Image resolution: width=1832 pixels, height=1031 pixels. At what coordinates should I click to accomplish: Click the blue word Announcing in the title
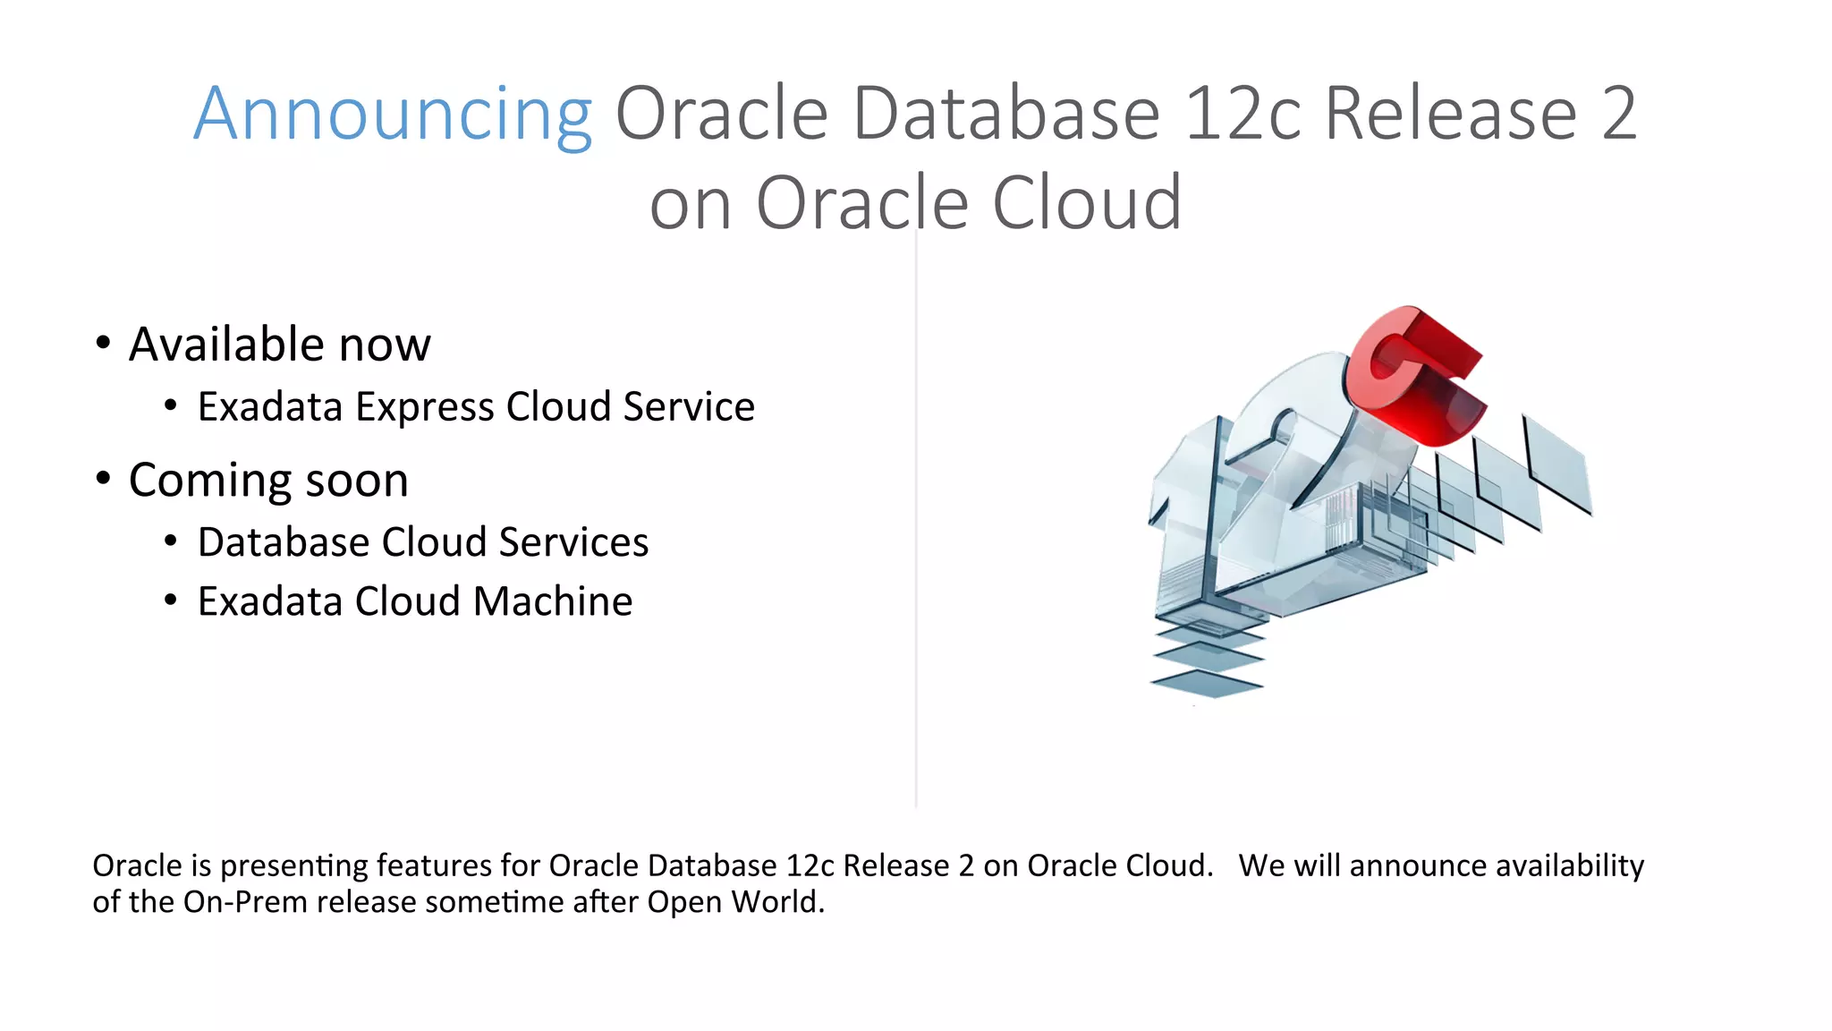(x=392, y=115)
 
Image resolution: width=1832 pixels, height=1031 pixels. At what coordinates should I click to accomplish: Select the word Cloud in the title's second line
(x=1087, y=204)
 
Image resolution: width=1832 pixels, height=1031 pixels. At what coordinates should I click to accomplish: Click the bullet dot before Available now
(x=104, y=343)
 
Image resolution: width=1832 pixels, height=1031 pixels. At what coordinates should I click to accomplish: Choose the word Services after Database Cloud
(x=573, y=542)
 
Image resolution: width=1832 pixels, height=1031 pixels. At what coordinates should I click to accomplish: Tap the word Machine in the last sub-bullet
(x=553, y=601)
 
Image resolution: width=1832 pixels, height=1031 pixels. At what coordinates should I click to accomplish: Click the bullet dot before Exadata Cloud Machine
(x=171, y=600)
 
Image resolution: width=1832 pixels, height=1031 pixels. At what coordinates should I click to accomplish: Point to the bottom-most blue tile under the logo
(x=1207, y=685)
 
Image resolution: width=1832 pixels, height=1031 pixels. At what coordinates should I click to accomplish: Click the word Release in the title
(x=1450, y=115)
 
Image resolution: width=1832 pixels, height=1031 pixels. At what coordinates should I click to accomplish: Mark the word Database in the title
(x=1005, y=115)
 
